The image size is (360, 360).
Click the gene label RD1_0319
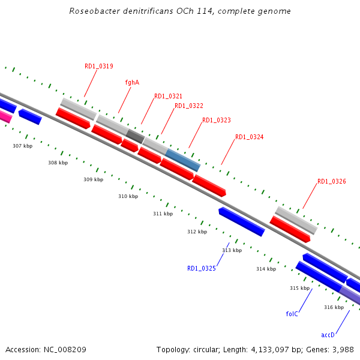click(x=99, y=66)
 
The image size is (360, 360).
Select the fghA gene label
click(x=132, y=82)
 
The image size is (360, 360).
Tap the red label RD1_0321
click(x=168, y=96)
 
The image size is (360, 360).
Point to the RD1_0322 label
click(x=189, y=106)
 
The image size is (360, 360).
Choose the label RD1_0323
click(x=217, y=120)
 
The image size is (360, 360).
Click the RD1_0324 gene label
click(x=250, y=137)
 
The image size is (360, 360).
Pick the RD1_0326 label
click(x=332, y=181)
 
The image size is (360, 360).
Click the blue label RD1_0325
click(x=202, y=268)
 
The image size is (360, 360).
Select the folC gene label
click(x=292, y=313)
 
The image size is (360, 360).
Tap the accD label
click(x=328, y=335)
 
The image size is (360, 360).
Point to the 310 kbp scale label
click(x=128, y=196)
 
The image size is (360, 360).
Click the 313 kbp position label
click(x=232, y=250)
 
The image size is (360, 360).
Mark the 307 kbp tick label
click(x=23, y=146)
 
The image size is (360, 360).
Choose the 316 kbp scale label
click(x=334, y=307)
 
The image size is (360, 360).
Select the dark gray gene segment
click(x=136, y=136)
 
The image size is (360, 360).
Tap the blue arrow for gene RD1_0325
click(x=242, y=221)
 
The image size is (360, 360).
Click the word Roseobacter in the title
click(x=91, y=11)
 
